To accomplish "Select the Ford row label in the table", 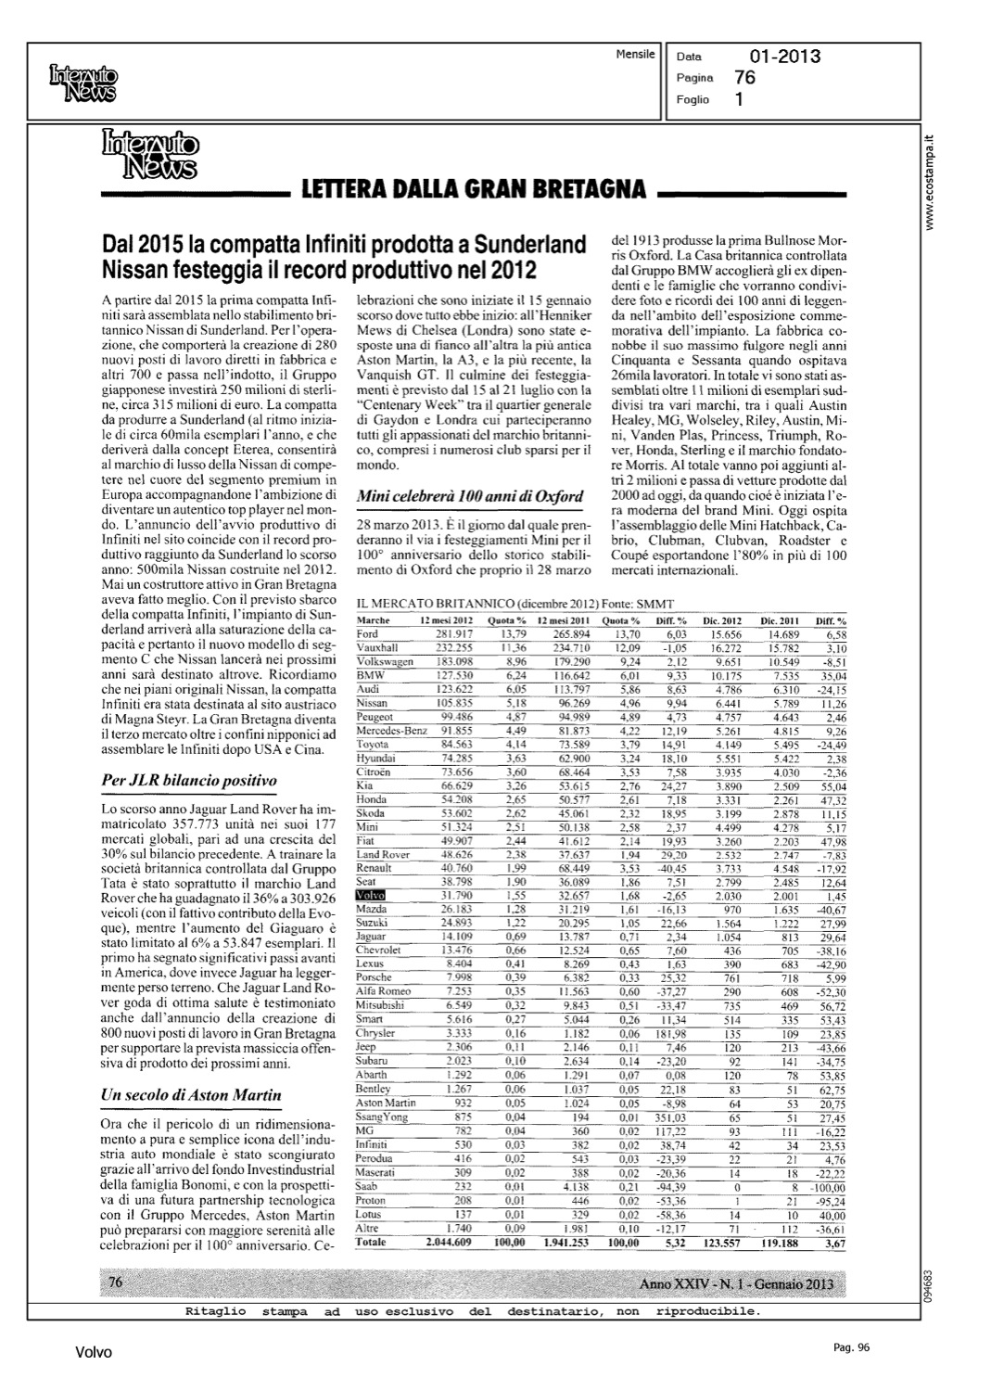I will coord(367,632).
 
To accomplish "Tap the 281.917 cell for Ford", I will coord(454,632).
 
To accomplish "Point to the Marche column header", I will coord(373,619).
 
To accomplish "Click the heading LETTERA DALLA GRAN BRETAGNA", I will coord(473,191).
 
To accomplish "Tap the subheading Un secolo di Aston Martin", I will coord(191,1095).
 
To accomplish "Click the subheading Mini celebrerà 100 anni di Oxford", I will coord(470,495).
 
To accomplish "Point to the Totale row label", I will coord(371,1243).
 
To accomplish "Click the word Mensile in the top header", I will coord(635,53).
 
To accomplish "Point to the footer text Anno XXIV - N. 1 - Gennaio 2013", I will coord(735,1283).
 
